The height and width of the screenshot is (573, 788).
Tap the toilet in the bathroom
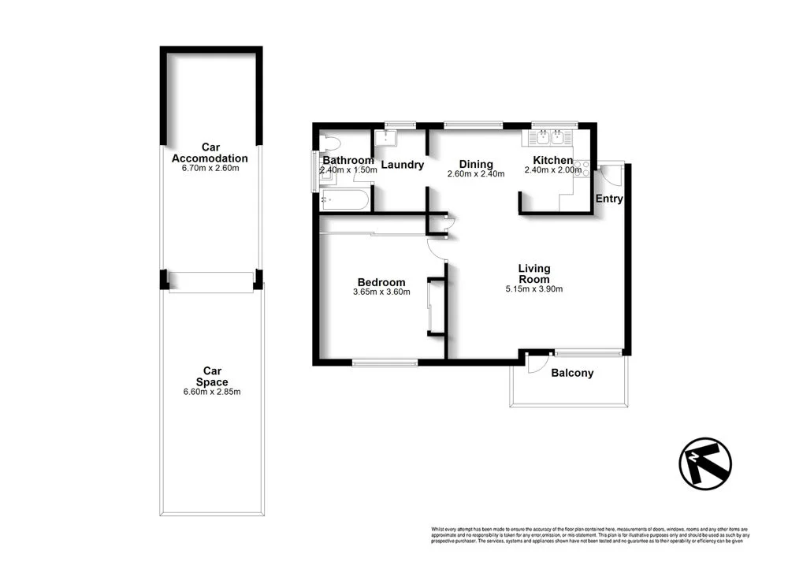point(330,144)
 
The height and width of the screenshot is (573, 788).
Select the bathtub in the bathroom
point(344,199)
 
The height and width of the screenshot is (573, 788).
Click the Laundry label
point(403,165)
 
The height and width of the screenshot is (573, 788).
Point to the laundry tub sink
point(387,138)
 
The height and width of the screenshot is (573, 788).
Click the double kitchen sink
point(548,138)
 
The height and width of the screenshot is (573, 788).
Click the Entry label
point(609,199)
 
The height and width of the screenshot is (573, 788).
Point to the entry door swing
point(610,175)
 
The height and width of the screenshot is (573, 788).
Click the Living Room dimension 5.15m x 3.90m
point(533,289)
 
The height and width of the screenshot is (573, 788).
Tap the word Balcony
point(572,373)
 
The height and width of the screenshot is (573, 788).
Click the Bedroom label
point(381,282)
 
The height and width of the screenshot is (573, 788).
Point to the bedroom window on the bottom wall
point(385,363)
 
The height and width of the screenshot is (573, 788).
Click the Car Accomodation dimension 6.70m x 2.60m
point(210,168)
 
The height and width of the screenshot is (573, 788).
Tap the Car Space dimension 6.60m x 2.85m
point(210,392)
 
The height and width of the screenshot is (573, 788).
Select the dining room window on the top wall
point(473,125)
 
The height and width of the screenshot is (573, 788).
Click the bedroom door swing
point(437,248)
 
